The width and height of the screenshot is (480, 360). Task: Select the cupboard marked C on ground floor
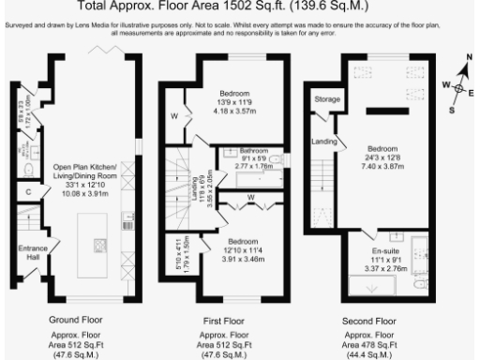pos(31,192)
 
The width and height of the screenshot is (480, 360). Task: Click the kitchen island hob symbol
pos(98,247)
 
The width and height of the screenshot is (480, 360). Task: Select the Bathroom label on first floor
pos(253,150)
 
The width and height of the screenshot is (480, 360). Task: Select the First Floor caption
pos(225,321)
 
